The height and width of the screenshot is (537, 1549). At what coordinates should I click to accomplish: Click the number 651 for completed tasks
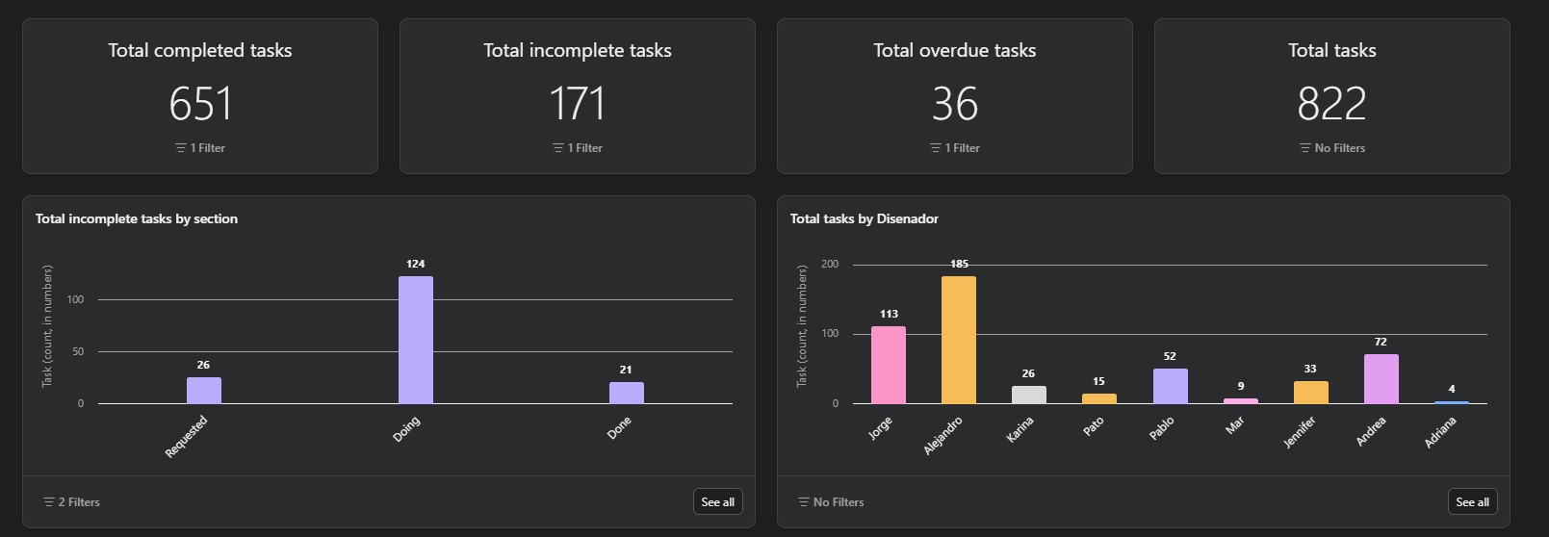(x=200, y=104)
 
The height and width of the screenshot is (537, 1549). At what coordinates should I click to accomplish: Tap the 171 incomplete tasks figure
(x=577, y=104)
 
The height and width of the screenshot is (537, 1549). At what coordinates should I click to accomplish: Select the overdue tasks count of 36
(x=954, y=104)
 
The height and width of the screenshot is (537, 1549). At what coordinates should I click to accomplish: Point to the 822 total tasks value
(x=1331, y=104)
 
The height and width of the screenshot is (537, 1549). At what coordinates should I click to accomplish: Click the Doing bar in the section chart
(x=416, y=340)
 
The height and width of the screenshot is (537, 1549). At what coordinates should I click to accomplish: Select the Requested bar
(x=204, y=390)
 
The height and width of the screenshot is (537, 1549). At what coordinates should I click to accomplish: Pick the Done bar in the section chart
(x=627, y=393)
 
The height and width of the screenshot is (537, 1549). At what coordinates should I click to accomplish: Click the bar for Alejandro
(x=959, y=340)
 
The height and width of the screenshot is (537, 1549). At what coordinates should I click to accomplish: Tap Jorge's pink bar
(x=889, y=365)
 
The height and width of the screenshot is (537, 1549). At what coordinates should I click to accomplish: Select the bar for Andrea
(x=1381, y=378)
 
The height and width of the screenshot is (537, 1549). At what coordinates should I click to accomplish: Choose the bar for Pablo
(x=1171, y=386)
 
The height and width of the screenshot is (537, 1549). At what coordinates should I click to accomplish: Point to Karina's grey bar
(x=1029, y=395)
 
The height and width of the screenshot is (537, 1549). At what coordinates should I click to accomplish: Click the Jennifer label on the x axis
(x=1300, y=432)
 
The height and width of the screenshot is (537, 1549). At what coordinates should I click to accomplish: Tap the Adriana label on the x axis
(x=1440, y=432)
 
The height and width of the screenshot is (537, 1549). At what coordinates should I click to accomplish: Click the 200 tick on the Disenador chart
(x=830, y=264)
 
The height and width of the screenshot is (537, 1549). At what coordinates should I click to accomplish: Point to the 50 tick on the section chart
(x=77, y=351)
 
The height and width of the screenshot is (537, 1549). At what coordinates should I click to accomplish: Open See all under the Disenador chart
(x=1472, y=501)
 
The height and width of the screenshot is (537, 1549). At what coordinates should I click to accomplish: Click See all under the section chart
(x=717, y=501)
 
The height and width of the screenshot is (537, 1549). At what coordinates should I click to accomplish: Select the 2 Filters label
(x=72, y=502)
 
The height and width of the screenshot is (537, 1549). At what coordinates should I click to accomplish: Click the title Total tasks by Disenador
(x=864, y=218)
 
